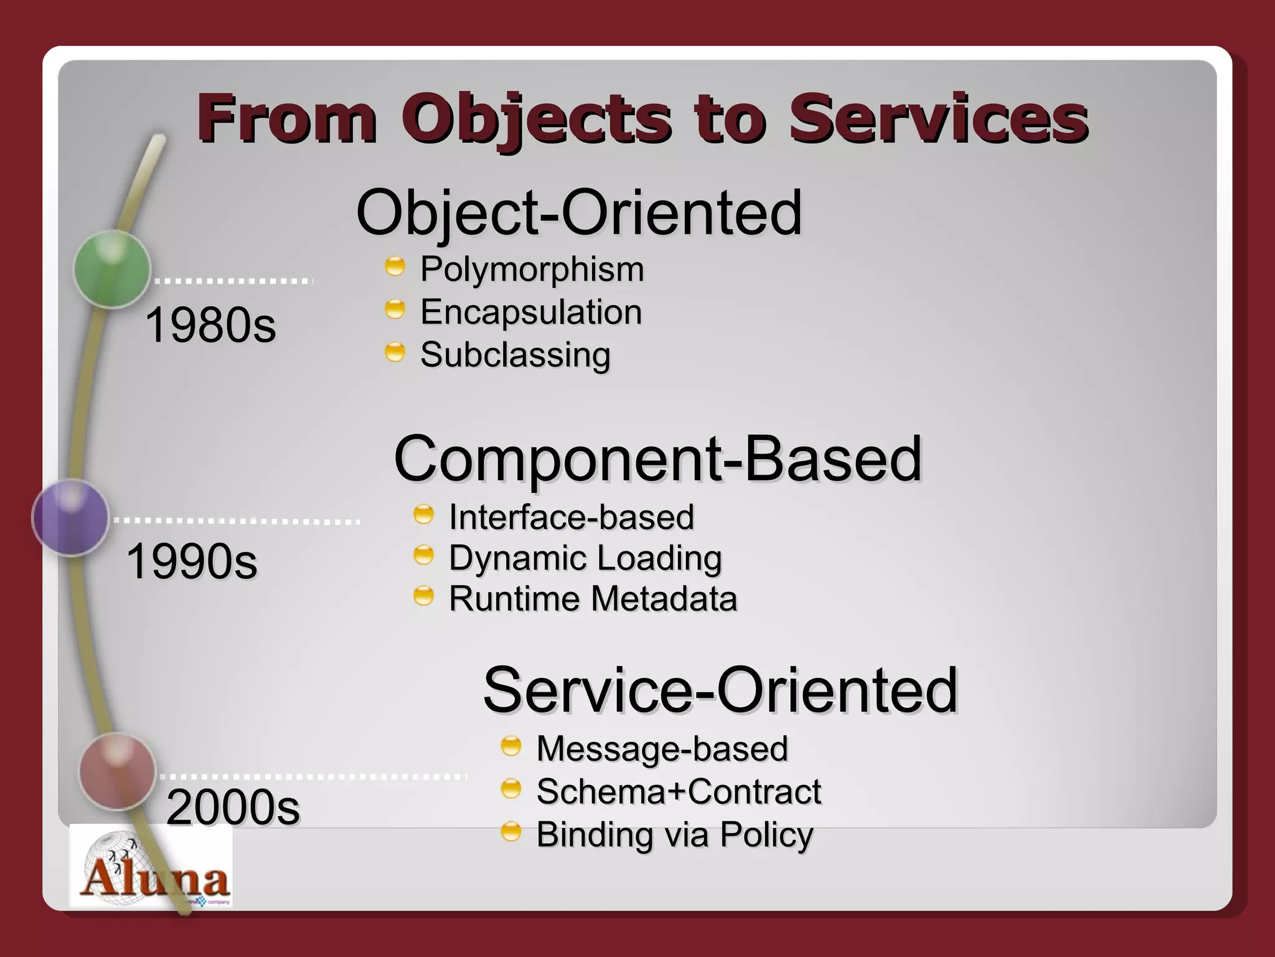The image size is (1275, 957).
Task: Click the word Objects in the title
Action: [537, 118]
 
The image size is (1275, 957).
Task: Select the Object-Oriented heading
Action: [579, 213]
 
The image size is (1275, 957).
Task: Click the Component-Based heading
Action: [657, 459]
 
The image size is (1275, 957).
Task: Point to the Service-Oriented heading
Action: [720, 690]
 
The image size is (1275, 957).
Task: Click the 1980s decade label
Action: [210, 325]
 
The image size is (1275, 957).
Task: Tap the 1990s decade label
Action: [192, 561]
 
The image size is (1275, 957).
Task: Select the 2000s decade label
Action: [233, 807]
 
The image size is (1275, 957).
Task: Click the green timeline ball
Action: [112, 269]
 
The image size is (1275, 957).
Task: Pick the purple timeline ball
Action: [70, 517]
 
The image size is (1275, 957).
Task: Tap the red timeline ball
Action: [117, 771]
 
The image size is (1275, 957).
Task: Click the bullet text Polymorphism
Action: [532, 270]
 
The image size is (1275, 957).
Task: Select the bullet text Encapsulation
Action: [530, 312]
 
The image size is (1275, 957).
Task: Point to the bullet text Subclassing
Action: [515, 355]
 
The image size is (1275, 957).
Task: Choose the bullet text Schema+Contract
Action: [679, 792]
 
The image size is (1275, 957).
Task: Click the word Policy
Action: [766, 835]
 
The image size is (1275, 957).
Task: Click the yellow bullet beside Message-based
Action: [510, 746]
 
